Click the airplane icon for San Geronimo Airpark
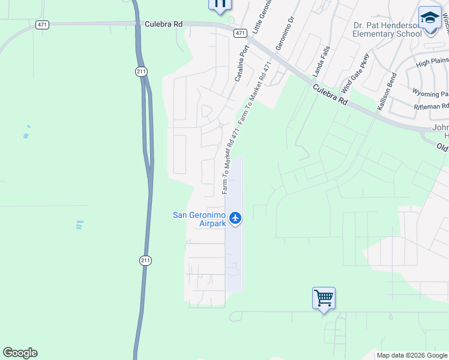[x=235, y=218]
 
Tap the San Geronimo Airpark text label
[x=199, y=219]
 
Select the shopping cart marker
[x=324, y=298]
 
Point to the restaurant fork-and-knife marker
[x=220, y=4]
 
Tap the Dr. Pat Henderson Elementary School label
[x=387, y=29]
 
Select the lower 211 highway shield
[x=145, y=260]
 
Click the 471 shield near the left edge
[x=42, y=24]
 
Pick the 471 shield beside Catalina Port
[x=240, y=33]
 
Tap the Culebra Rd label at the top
[x=163, y=24]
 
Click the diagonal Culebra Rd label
[x=330, y=95]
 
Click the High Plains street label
[x=432, y=62]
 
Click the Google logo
[x=20, y=353]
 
